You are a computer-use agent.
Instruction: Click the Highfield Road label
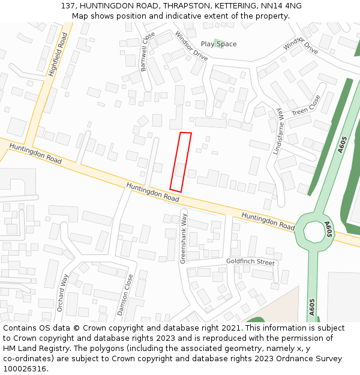58,55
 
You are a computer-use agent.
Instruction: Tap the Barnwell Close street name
148,51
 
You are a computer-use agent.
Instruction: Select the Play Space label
218,44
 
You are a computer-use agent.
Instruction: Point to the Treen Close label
306,106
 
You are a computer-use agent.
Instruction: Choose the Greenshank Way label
184,238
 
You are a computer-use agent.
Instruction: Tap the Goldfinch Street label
250,262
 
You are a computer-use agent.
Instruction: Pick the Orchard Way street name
63,293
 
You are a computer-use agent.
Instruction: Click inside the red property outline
181,162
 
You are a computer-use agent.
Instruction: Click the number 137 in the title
68,5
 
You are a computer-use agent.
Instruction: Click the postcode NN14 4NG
285,5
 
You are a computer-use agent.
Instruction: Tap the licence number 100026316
25,369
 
